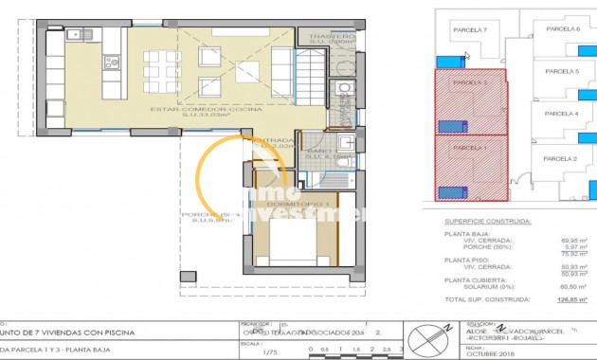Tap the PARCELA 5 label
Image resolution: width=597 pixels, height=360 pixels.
pos(563,71)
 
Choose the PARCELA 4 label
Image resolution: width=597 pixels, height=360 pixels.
pos(563,114)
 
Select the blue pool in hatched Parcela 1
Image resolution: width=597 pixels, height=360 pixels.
pos(450,192)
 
